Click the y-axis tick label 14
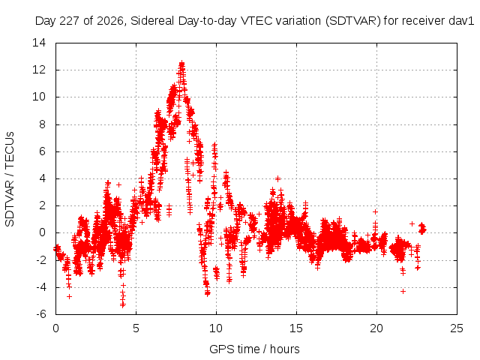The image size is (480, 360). coord(39,43)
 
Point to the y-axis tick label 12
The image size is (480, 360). coord(39,70)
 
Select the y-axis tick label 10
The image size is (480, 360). coord(39,97)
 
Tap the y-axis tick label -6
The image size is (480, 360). coord(41,314)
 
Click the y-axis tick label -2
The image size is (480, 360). coord(41,260)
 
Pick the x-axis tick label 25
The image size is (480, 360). coord(457,328)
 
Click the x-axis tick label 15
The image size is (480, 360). coord(296,328)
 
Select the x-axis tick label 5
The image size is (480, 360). coord(136,328)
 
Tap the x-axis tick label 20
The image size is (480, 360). coord(376,328)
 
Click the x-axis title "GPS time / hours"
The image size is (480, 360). coord(254,349)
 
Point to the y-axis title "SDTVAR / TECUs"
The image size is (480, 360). coord(10,179)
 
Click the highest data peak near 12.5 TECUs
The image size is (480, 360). coord(181,63)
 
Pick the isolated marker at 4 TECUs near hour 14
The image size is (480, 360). coord(277,178)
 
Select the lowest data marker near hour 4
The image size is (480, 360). coord(123,305)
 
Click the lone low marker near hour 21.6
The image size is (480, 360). coord(403,292)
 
